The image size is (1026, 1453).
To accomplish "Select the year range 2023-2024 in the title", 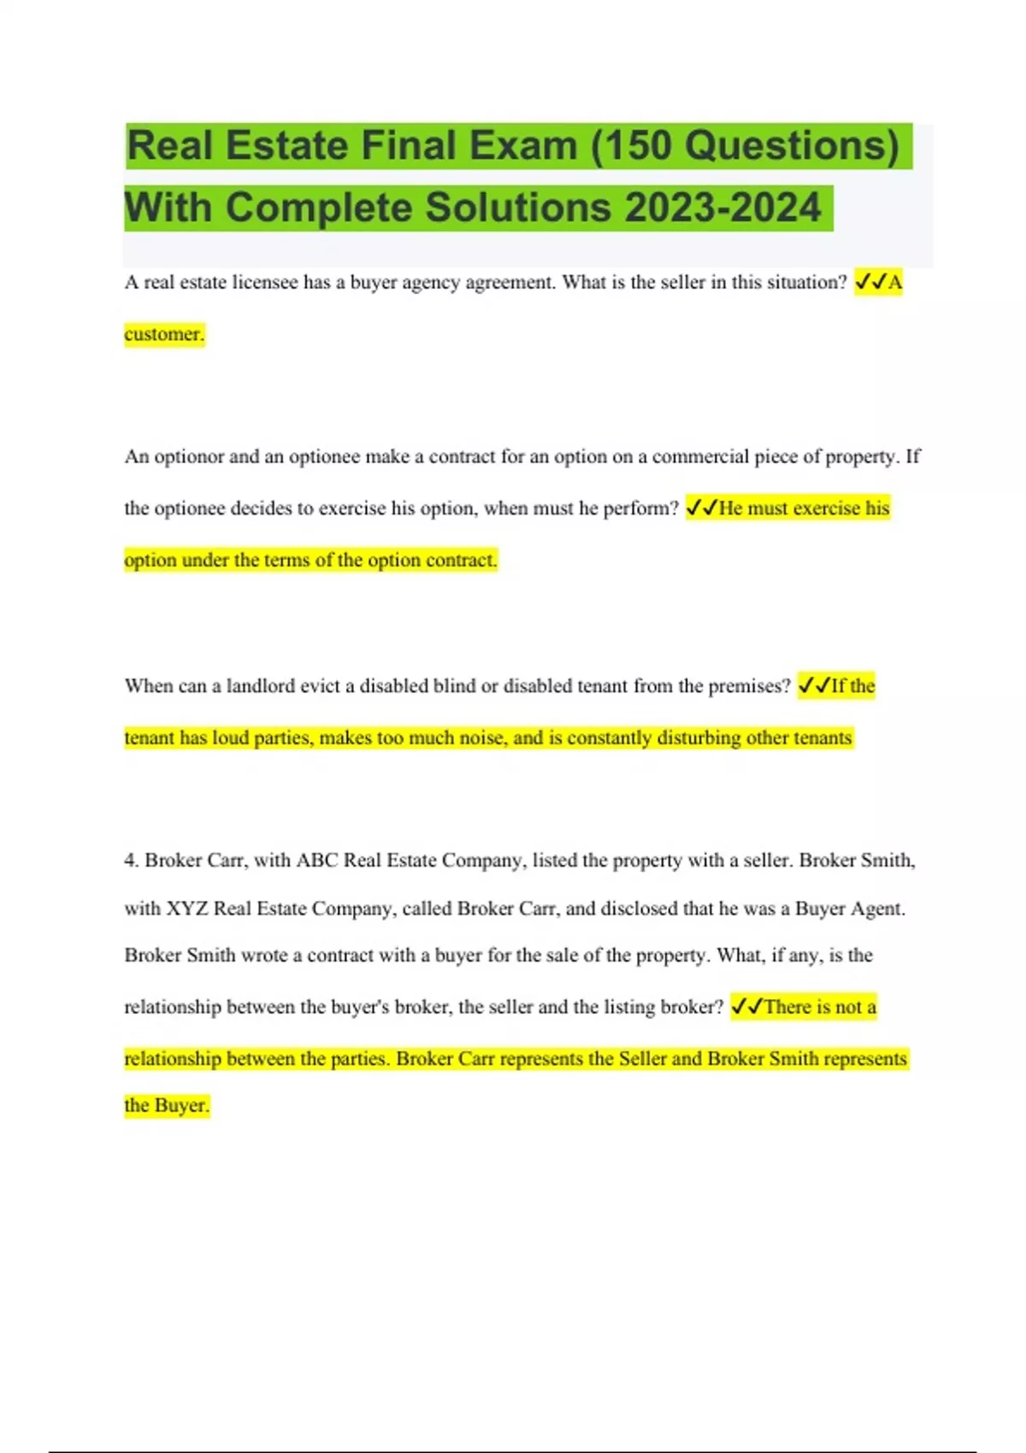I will click(x=723, y=208).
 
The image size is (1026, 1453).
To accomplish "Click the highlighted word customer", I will click(x=163, y=334).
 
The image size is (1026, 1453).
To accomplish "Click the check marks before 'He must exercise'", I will click(x=701, y=509).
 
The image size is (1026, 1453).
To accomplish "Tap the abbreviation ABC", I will click(x=316, y=861).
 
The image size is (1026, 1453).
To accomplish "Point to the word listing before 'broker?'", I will click(x=632, y=1007).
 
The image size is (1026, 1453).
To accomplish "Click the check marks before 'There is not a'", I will click(x=746, y=1007).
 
